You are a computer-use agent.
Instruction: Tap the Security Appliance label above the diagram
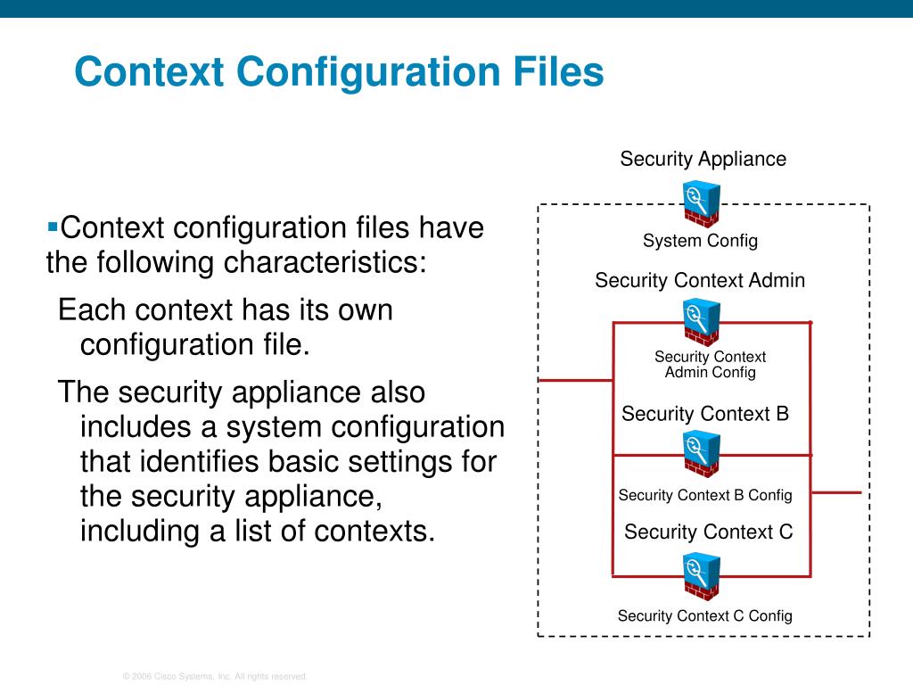[703, 160]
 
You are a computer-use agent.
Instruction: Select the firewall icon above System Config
[702, 204]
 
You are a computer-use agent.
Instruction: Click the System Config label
[700, 241]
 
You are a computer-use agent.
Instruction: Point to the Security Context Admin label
[700, 281]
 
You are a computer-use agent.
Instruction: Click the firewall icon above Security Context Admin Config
[701, 322]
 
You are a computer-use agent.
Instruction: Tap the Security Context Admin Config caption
[710, 365]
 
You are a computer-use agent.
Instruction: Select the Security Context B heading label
[705, 414]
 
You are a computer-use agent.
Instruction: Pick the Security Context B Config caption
[705, 495]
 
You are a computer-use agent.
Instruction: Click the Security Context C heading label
[708, 532]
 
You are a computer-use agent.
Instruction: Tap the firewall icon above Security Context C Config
[701, 576]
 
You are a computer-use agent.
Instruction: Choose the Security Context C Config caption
[705, 615]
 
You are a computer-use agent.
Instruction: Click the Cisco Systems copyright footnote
[215, 677]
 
